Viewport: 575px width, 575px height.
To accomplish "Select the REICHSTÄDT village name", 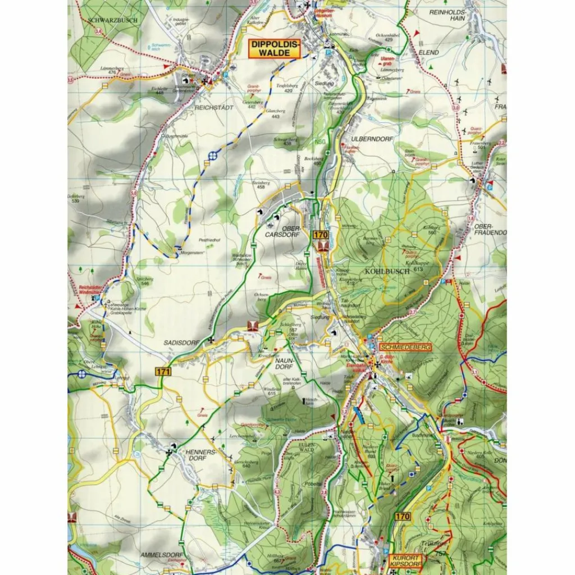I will click(198, 106).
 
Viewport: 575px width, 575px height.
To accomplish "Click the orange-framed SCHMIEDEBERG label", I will click(404, 348).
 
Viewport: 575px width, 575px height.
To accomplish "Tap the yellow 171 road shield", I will click(163, 371).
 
